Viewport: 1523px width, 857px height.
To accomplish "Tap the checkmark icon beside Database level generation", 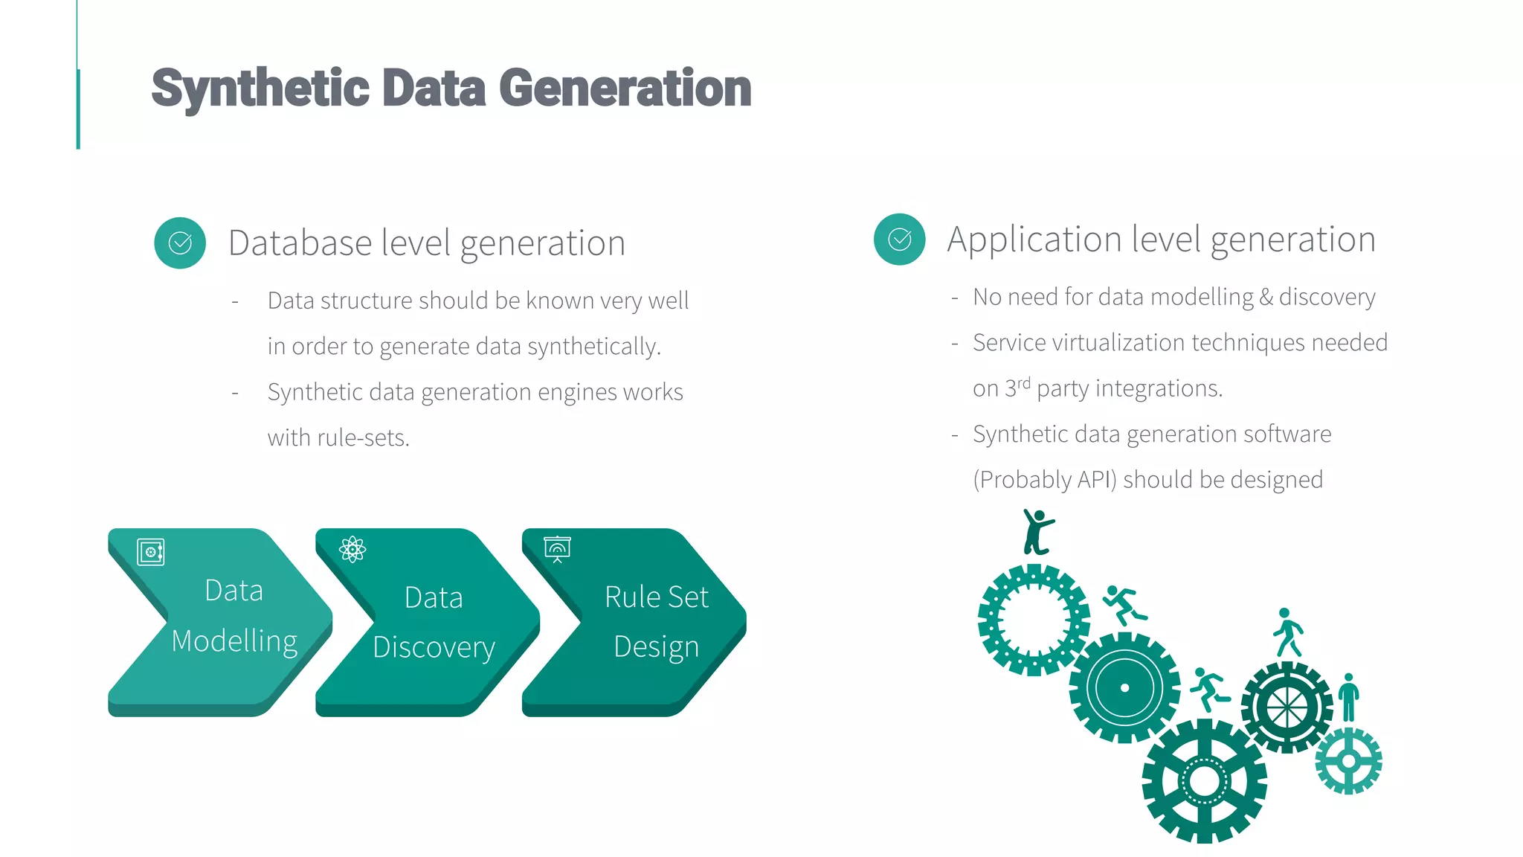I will (180, 243).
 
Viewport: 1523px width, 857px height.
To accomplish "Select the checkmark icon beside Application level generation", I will (900, 240).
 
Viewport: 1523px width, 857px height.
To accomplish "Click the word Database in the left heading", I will (300, 243).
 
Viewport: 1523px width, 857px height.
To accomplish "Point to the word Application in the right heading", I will (1034, 240).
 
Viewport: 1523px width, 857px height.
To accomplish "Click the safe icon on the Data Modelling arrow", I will (151, 552).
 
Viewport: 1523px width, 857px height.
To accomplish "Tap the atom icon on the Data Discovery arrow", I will (352, 550).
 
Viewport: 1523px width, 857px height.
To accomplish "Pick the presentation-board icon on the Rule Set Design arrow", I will (557, 549).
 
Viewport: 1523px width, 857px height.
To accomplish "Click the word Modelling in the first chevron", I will (234, 641).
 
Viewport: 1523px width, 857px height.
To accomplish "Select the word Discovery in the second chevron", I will (434, 647).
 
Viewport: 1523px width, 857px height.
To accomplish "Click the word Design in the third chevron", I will (656, 646).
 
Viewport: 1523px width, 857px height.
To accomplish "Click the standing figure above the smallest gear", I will (1348, 697).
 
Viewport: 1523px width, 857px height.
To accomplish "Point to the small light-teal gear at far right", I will (1348, 761).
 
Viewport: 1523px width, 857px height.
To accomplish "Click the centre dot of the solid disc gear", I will (1124, 688).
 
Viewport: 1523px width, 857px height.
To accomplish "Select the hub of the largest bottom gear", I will (1204, 781).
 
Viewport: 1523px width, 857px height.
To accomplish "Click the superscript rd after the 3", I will (1024, 383).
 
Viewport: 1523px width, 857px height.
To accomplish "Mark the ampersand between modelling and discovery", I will (1266, 298).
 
